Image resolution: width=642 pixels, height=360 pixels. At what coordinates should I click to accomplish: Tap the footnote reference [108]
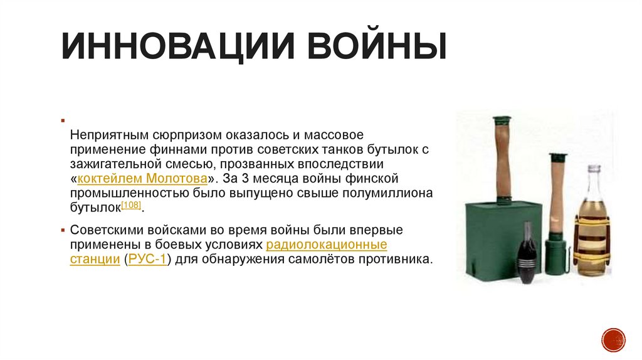[131, 205]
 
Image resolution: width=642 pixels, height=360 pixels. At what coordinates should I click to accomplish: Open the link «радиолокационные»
[326, 244]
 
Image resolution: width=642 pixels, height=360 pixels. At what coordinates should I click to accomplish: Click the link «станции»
[95, 258]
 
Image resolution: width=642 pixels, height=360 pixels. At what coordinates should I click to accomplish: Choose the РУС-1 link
[147, 258]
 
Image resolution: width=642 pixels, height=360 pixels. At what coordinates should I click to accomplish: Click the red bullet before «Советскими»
[65, 230]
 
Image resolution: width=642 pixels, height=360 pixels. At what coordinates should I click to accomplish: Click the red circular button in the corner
[613, 339]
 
